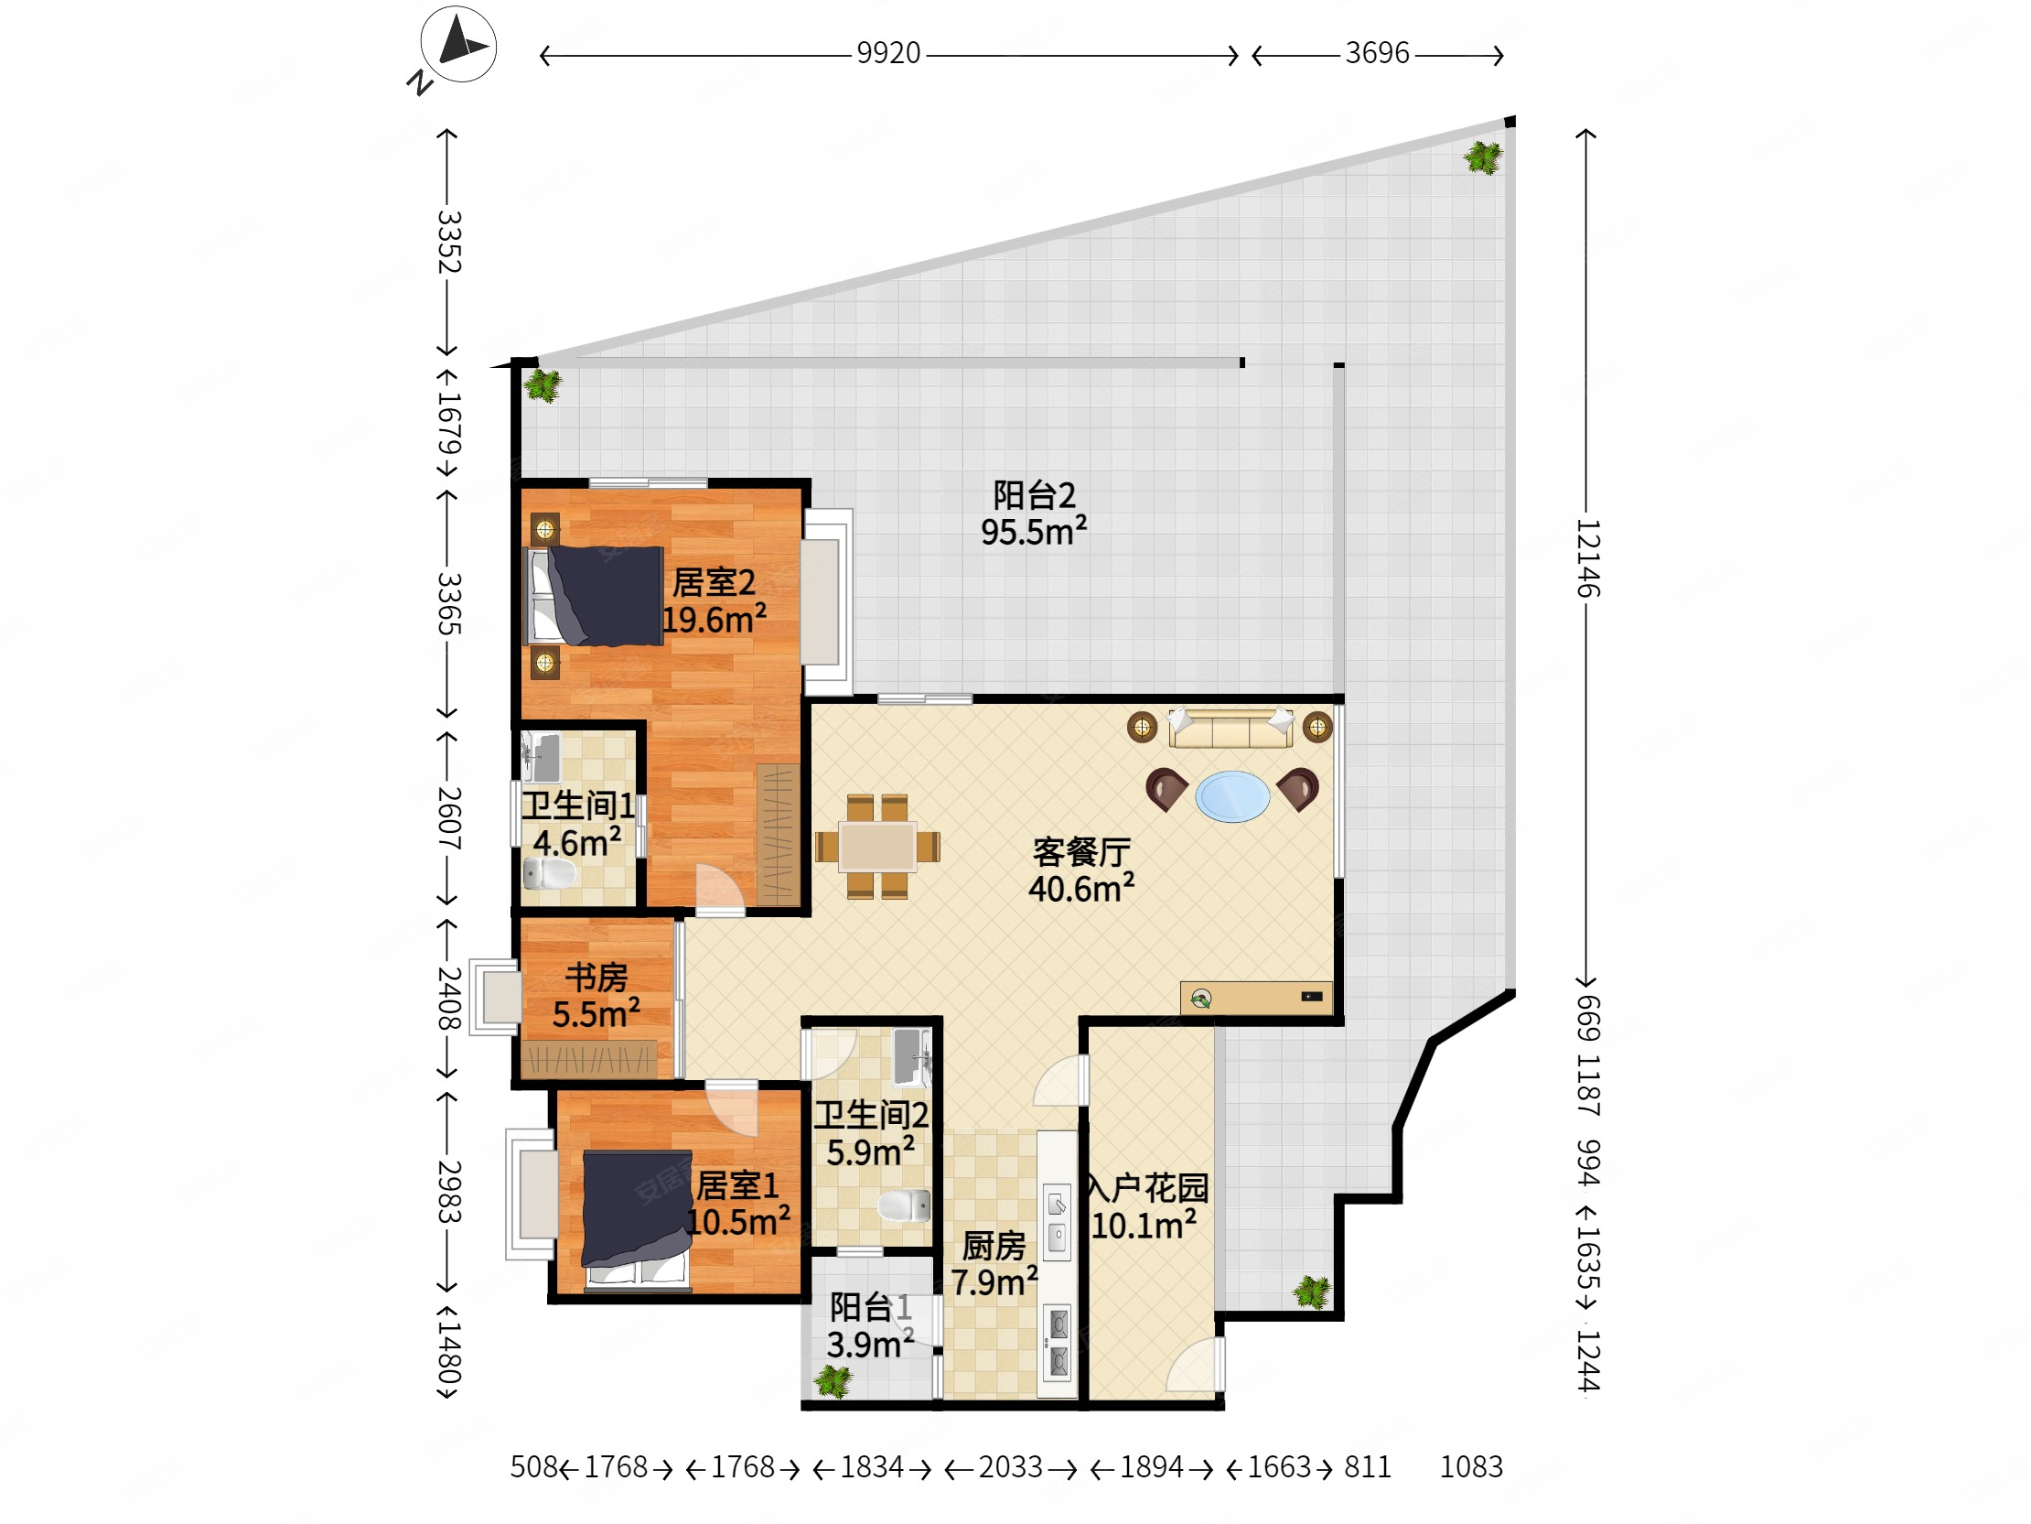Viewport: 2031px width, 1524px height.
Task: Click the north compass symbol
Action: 458,44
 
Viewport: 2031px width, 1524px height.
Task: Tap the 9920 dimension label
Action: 887,53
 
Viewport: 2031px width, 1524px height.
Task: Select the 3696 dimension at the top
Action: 1376,53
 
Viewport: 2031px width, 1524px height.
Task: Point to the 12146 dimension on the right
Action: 1587,557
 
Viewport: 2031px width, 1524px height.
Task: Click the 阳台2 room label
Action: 1034,495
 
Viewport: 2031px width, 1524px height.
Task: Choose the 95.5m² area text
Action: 1034,532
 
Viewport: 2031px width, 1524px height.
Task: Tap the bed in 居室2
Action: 594,596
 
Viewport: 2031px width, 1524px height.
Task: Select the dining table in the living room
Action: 876,845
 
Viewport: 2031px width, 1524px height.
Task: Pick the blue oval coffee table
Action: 1232,796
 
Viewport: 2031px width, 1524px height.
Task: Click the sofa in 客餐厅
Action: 1230,728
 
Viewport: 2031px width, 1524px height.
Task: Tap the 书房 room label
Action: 596,978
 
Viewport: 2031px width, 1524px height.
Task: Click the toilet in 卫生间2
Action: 905,1205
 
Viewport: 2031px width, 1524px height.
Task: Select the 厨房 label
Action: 994,1246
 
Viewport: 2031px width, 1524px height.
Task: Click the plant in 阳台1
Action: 833,1381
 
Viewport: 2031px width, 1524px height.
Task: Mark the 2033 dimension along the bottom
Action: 1010,1467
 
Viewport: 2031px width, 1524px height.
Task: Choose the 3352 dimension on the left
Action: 448,242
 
